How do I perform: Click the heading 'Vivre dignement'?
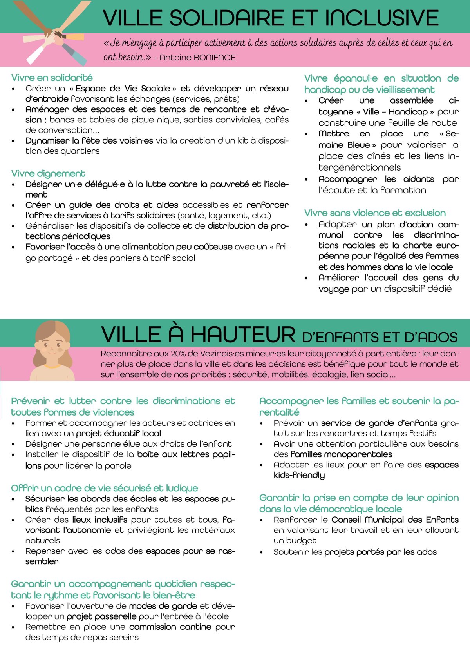click(x=48, y=173)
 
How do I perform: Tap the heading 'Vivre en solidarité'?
click(x=52, y=78)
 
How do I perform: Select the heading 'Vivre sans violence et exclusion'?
click(x=375, y=213)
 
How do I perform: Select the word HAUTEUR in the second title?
click(x=243, y=335)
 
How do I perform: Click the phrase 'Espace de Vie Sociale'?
click(x=123, y=89)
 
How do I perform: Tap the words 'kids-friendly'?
click(x=299, y=475)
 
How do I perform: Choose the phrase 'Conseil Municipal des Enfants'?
click(x=395, y=520)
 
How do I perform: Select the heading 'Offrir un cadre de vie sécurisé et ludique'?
click(x=105, y=488)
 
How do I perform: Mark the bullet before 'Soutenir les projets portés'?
click(x=262, y=552)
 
